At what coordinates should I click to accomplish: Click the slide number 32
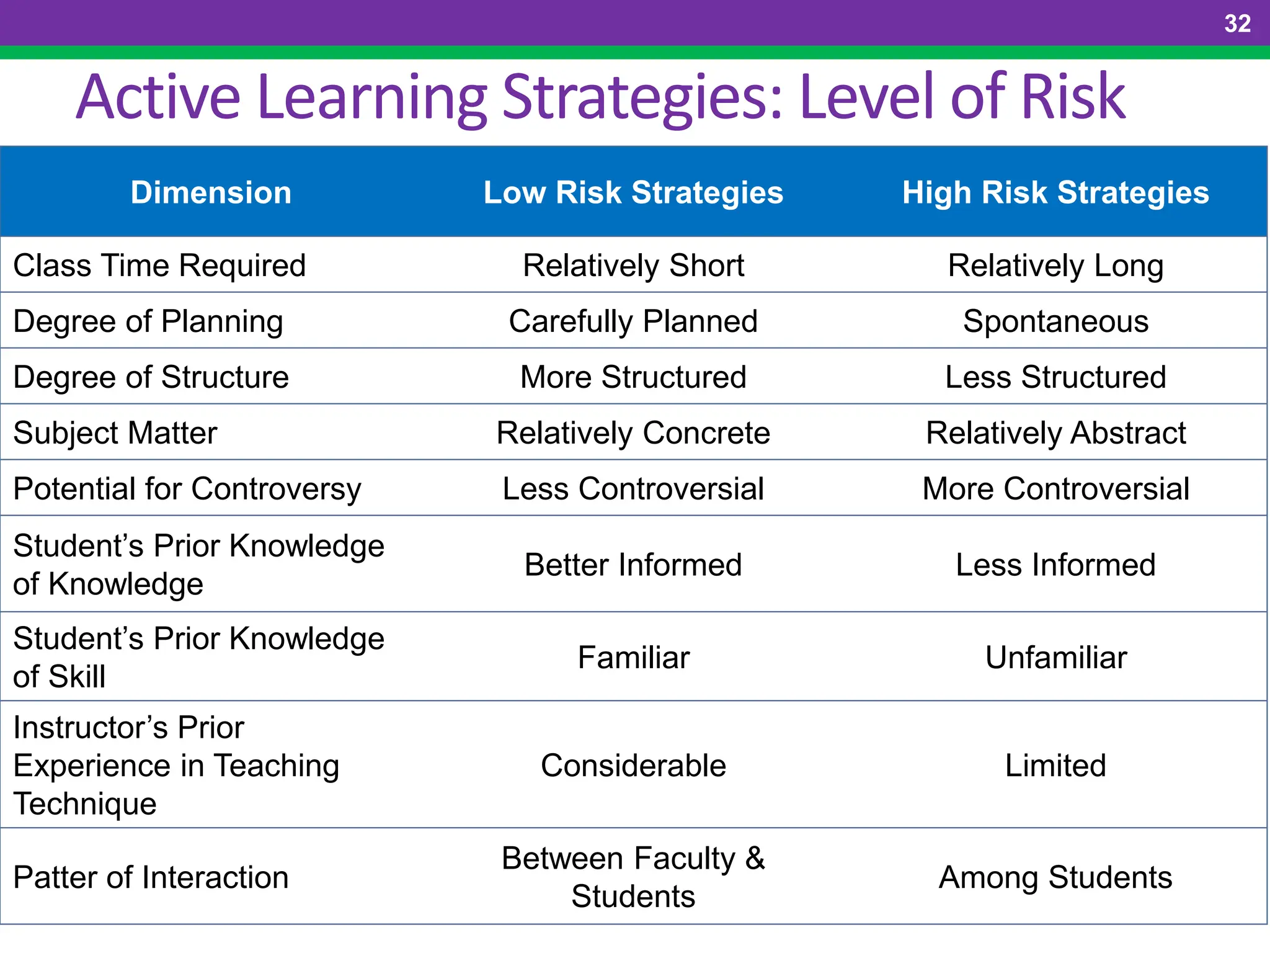pyautogui.click(x=1237, y=24)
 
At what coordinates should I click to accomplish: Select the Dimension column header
pyautogui.click(x=211, y=192)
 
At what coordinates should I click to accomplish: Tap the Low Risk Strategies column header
pyautogui.click(x=633, y=192)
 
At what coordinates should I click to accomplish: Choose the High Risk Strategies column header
pyautogui.click(x=1055, y=192)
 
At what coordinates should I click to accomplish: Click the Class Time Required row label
pyautogui.click(x=159, y=266)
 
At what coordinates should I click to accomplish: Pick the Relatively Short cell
pyautogui.click(x=633, y=266)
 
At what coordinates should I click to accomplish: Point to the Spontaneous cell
pyautogui.click(x=1055, y=321)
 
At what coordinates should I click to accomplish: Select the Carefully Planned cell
pyautogui.click(x=633, y=321)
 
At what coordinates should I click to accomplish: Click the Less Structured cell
pyautogui.click(x=1055, y=377)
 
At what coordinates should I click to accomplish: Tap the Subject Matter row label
pyautogui.click(x=115, y=433)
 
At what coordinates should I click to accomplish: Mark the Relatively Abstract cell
pyautogui.click(x=1055, y=433)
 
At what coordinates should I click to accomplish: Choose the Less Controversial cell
pyautogui.click(x=633, y=489)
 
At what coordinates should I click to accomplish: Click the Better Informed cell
pyautogui.click(x=633, y=565)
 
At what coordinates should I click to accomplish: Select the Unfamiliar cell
pyautogui.click(x=1055, y=658)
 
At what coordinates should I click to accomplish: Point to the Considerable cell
pyautogui.click(x=633, y=766)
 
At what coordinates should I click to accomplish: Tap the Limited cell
pyautogui.click(x=1055, y=766)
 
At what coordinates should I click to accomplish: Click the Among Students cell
pyautogui.click(x=1055, y=877)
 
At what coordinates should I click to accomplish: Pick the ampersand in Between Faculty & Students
pyautogui.click(x=755, y=859)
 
